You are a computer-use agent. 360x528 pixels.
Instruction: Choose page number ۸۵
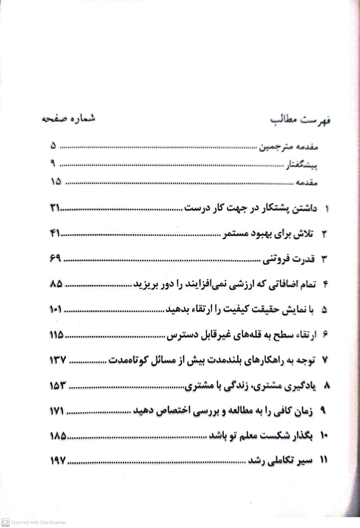point(56,284)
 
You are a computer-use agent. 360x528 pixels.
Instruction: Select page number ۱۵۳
point(57,386)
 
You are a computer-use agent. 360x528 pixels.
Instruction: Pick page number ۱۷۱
point(57,411)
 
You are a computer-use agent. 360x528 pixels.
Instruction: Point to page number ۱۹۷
point(57,461)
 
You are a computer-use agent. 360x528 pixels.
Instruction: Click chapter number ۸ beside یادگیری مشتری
point(328,386)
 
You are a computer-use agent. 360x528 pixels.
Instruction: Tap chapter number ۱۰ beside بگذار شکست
point(325,436)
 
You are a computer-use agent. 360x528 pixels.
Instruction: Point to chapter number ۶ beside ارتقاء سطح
point(326,335)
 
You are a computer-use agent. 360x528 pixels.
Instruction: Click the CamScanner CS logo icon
point(5,522)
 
